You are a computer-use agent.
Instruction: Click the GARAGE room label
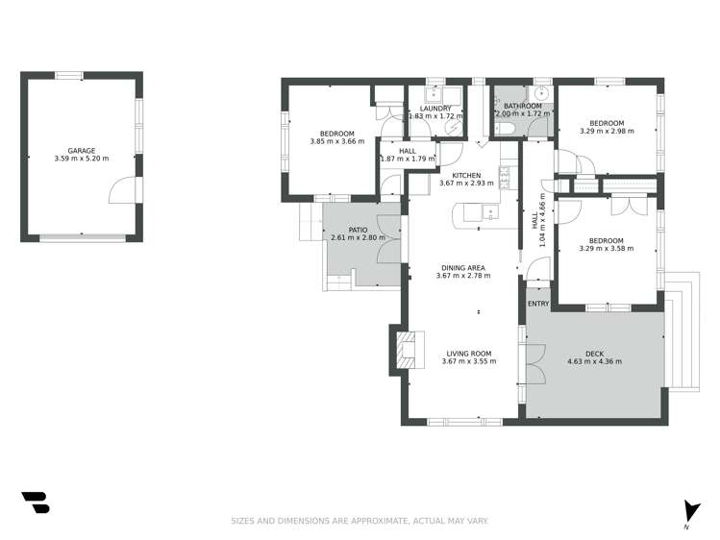pos(82,151)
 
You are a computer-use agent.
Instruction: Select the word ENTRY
pos(538,305)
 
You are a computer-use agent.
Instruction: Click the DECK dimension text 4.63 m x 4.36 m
pos(594,362)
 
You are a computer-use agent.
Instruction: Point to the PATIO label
pos(358,230)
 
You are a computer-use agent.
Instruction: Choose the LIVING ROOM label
pos(467,354)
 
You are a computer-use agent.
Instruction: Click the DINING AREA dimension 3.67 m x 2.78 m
pos(462,276)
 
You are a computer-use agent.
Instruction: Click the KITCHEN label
pos(466,174)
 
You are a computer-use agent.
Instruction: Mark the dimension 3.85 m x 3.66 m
pos(336,142)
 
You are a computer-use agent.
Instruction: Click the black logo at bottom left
pos(35,502)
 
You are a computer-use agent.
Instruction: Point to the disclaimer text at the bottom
pos(360,521)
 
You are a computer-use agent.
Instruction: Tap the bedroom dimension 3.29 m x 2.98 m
pos(607,133)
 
